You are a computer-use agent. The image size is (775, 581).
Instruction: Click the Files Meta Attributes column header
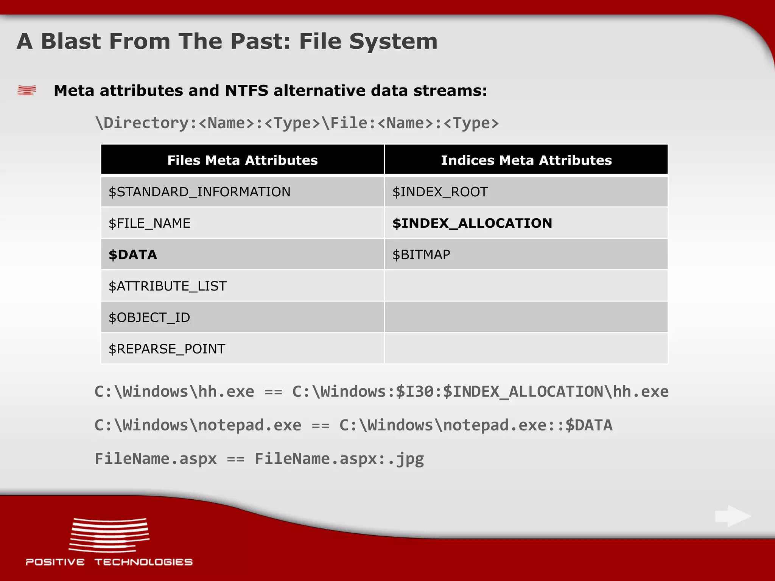point(243,160)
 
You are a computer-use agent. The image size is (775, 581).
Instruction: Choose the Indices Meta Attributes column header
point(526,160)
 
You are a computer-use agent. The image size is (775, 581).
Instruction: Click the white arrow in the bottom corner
point(733,516)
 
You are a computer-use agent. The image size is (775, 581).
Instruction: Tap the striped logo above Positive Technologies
point(109,535)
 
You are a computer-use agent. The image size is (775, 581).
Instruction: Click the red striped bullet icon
point(27,90)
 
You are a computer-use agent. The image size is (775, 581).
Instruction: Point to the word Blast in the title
point(71,41)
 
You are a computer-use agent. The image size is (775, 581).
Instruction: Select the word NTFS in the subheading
point(246,91)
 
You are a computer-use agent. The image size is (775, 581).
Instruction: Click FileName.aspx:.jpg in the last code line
point(339,459)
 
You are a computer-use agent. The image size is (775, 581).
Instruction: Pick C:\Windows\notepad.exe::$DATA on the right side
point(476,425)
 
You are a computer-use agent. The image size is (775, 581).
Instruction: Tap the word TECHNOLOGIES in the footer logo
point(143,562)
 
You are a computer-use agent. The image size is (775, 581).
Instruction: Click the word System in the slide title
point(393,41)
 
